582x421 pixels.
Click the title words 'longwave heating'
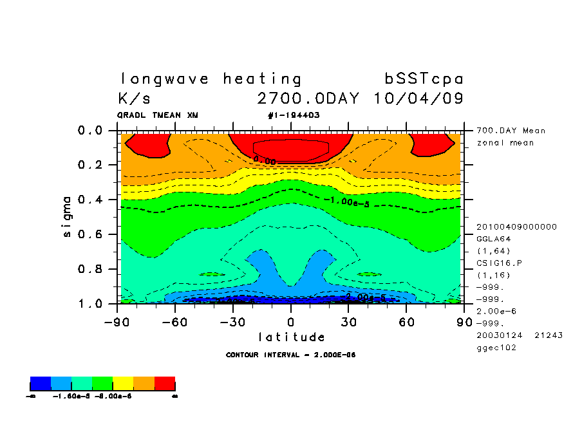tap(211, 79)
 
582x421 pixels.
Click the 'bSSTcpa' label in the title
tap(424, 79)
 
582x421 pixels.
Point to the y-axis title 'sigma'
tap(68, 217)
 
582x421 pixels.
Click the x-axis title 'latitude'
tap(291, 337)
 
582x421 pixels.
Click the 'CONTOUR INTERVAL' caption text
tap(291, 355)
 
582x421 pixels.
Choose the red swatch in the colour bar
tap(165, 384)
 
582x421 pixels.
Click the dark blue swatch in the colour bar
tap(41, 384)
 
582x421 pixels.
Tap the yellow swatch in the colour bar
tap(123, 384)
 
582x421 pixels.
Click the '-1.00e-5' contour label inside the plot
tap(346, 202)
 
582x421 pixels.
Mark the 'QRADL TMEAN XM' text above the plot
tap(158, 115)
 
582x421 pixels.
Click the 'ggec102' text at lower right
tap(496, 348)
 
